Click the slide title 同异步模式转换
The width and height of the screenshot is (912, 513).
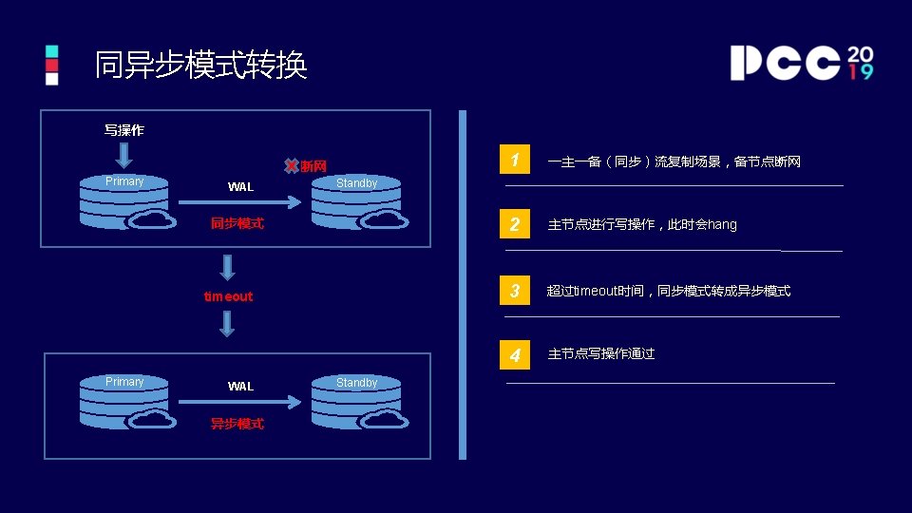click(x=200, y=66)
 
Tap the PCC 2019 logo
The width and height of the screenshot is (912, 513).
click(x=801, y=63)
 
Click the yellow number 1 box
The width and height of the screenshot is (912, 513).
click(x=514, y=161)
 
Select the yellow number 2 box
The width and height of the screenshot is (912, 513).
click(x=514, y=224)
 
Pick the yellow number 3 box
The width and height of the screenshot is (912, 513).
click(x=514, y=290)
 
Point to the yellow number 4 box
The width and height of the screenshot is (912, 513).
click(x=514, y=354)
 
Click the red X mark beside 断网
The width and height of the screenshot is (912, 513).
click(x=292, y=166)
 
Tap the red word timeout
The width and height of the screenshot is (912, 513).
click(x=228, y=296)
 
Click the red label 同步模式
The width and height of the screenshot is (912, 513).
click(x=237, y=224)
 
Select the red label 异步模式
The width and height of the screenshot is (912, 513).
click(x=237, y=424)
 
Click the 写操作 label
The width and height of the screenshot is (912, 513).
click(x=123, y=130)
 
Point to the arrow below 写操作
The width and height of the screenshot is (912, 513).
click(x=124, y=155)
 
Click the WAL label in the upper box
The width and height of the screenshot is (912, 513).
click(x=240, y=187)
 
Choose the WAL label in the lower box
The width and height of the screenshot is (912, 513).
click(x=240, y=387)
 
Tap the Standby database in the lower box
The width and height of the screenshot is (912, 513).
click(x=358, y=402)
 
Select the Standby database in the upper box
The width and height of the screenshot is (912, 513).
click(x=358, y=202)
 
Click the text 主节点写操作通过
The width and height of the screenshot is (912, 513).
click(x=601, y=354)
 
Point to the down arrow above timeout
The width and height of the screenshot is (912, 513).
click(x=227, y=267)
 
